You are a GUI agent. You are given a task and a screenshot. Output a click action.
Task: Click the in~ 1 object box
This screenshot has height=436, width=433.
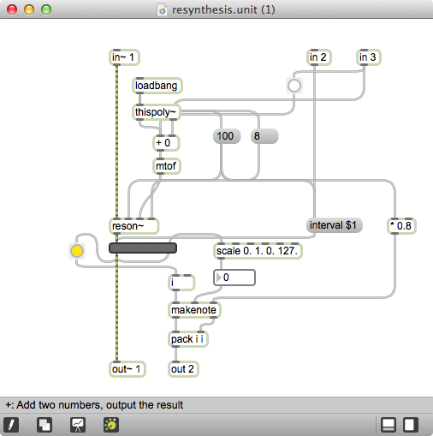124,57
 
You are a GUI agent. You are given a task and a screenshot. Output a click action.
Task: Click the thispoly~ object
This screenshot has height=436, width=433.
157,112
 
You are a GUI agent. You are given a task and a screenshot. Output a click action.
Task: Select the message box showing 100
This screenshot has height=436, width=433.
227,136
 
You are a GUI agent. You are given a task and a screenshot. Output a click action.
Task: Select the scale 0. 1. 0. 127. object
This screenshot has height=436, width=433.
257,251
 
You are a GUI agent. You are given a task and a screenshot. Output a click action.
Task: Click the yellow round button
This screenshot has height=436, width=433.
77,251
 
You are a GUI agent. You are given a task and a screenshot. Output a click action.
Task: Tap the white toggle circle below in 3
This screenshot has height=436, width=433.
294,86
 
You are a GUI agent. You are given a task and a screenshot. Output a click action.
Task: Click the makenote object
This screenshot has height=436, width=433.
194,310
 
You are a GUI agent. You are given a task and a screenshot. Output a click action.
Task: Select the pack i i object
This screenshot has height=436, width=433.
189,339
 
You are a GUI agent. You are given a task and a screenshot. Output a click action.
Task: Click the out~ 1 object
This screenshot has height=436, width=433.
128,369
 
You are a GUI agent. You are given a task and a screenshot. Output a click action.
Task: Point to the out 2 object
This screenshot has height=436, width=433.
182,369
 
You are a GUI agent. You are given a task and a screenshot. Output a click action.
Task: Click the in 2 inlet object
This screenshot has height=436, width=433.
318,57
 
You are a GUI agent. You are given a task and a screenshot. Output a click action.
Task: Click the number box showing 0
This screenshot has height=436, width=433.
234,278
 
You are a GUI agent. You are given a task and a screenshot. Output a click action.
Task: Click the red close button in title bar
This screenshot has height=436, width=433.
12,10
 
